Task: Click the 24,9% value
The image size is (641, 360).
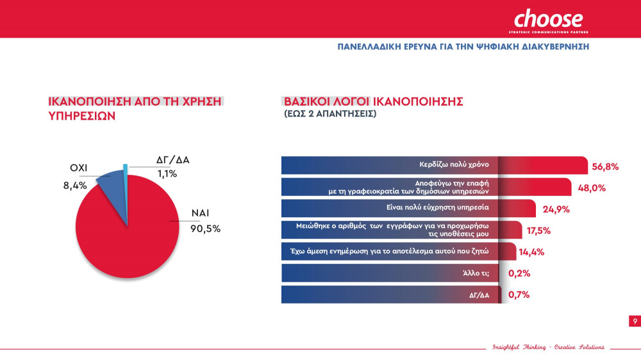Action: click(555, 209)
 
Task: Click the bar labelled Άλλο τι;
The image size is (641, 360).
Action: click(390, 273)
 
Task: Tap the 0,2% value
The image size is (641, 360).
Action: click(519, 274)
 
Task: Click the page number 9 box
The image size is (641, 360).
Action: click(634, 321)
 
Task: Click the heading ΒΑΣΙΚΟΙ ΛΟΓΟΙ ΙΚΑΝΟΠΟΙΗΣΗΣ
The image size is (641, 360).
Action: click(373, 102)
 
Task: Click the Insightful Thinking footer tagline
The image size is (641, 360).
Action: click(548, 347)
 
